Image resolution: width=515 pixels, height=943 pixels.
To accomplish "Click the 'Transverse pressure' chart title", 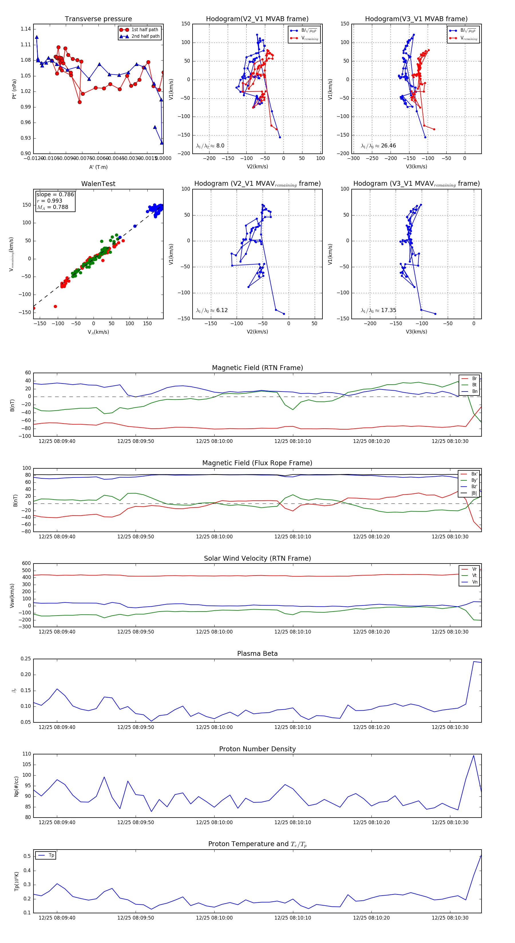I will (98, 19).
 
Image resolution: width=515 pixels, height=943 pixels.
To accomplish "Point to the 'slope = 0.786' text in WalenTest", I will (55, 194).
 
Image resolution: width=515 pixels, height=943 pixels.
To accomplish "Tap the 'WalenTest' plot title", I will (98, 184).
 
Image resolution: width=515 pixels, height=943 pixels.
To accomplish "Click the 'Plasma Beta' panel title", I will (257, 654).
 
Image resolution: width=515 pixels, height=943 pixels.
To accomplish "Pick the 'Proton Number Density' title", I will (257, 749).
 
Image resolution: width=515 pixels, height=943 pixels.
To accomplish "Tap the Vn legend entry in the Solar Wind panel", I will (474, 582).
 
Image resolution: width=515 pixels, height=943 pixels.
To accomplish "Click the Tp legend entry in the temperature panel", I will (51, 855).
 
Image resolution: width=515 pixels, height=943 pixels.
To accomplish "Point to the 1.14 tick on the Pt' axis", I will (26, 29).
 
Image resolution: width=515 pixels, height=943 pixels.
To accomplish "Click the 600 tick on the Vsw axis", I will (26, 564).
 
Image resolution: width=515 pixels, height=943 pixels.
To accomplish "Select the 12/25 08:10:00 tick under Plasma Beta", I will (214, 727).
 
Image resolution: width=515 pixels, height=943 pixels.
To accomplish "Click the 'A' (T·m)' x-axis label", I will (98, 167).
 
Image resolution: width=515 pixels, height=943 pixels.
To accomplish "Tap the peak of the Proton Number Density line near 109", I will (473, 756).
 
